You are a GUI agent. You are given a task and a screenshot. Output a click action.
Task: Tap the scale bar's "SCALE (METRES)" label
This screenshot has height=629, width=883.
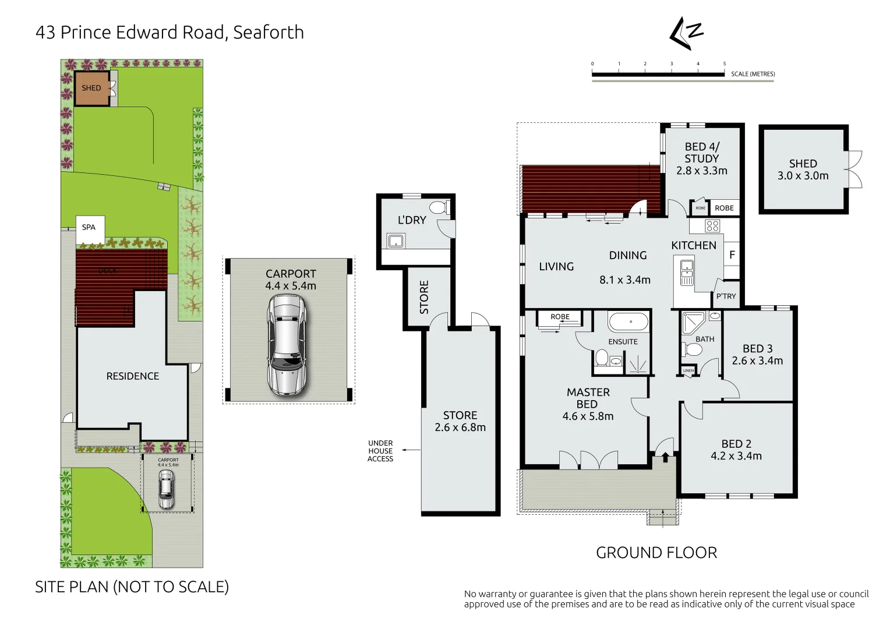[x=753, y=74]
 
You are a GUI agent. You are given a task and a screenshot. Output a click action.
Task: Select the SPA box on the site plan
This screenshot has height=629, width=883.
[x=89, y=228]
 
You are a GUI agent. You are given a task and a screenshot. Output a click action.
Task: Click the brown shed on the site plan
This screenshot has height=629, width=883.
[x=91, y=89]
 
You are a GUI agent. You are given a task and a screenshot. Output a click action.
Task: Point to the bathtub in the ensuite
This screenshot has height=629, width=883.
[x=628, y=321]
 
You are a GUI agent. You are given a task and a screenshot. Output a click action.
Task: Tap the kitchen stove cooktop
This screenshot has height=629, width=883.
[x=712, y=226]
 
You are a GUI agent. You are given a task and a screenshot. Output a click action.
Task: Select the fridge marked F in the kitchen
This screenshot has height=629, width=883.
[x=732, y=255]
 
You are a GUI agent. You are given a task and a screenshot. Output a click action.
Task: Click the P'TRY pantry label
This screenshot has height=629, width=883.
[x=726, y=296]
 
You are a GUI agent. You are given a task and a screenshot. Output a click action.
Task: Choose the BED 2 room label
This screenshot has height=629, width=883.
[x=736, y=444]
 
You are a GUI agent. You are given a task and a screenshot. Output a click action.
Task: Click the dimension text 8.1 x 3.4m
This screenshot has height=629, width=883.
[x=624, y=280]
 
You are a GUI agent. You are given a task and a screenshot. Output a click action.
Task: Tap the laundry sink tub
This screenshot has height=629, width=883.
[x=396, y=241]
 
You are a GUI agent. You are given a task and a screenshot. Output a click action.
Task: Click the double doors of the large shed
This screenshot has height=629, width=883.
[x=854, y=169]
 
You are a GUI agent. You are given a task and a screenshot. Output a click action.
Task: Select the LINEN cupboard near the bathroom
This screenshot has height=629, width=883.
[x=688, y=371]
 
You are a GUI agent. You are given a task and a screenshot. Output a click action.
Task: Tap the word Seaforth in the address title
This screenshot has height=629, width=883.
[x=268, y=33]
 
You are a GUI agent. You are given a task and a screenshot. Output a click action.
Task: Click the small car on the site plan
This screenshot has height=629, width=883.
[x=166, y=489]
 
